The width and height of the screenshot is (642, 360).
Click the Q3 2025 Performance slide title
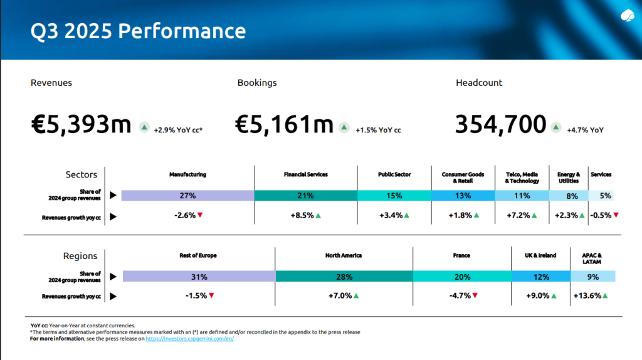(138, 30)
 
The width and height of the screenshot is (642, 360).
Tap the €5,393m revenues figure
(81, 124)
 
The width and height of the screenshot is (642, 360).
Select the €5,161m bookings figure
(284, 124)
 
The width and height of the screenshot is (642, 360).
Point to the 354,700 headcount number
(500, 124)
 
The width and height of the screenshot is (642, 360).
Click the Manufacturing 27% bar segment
(187, 196)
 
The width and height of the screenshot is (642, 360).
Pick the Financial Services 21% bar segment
(306, 196)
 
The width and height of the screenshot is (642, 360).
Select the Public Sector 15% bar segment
(394, 196)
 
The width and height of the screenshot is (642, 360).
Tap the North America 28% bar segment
(344, 277)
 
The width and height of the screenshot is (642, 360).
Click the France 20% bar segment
(462, 277)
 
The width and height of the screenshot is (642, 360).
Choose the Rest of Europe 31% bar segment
(199, 277)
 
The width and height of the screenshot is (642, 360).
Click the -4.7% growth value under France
(459, 295)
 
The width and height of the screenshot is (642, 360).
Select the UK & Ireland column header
(540, 256)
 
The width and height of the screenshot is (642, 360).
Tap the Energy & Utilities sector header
(569, 177)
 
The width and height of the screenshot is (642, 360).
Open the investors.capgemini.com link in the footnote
(189, 339)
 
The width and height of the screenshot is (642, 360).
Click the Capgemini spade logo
(627, 16)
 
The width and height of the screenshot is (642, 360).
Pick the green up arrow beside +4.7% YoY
(555, 127)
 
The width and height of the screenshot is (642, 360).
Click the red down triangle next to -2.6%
(200, 216)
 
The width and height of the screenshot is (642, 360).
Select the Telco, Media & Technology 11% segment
(522, 196)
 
